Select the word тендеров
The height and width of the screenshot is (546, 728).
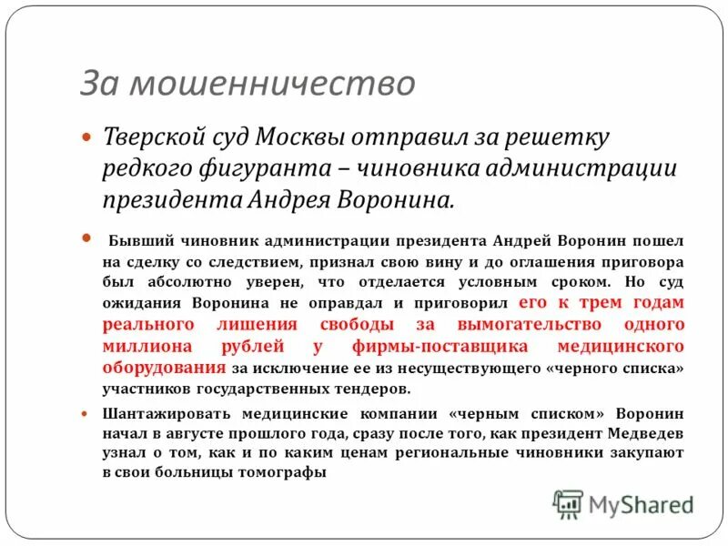coord(369,389)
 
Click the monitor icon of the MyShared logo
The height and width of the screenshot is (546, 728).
coord(568,503)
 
